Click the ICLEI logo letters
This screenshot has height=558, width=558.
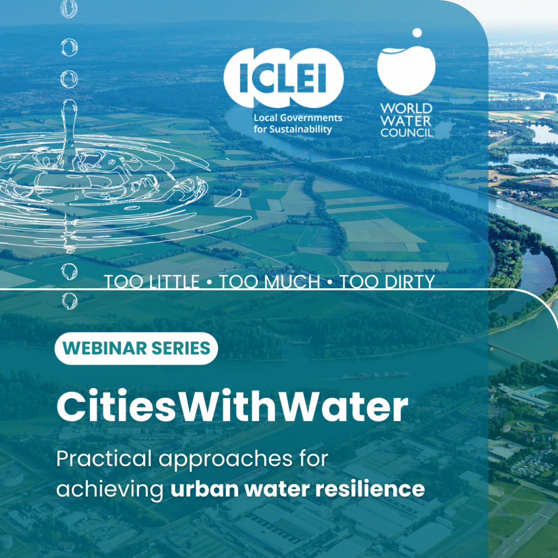click(283, 78)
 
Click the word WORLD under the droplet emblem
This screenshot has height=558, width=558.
click(407, 108)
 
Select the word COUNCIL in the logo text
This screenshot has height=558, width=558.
click(407, 132)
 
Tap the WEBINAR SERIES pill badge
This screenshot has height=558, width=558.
click(136, 348)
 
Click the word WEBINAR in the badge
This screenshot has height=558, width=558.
click(104, 348)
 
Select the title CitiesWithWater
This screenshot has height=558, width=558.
click(232, 407)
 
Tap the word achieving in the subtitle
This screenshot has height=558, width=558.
click(110, 489)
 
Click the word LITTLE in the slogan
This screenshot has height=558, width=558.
click(174, 282)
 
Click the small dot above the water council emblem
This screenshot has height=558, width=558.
click(417, 33)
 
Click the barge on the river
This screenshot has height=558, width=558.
click(374, 375)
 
